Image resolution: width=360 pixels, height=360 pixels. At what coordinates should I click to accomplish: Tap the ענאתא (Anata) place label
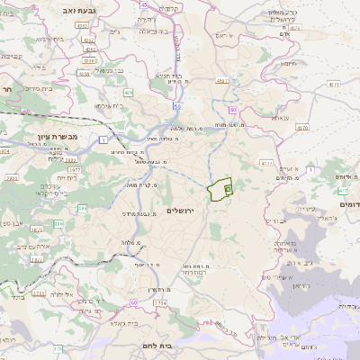[280, 118]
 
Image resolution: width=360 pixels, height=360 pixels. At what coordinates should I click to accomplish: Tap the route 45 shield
[147, 4]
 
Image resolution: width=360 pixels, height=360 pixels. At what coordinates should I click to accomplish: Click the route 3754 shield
[161, 303]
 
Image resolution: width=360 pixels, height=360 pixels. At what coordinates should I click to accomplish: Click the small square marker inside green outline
[228, 190]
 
